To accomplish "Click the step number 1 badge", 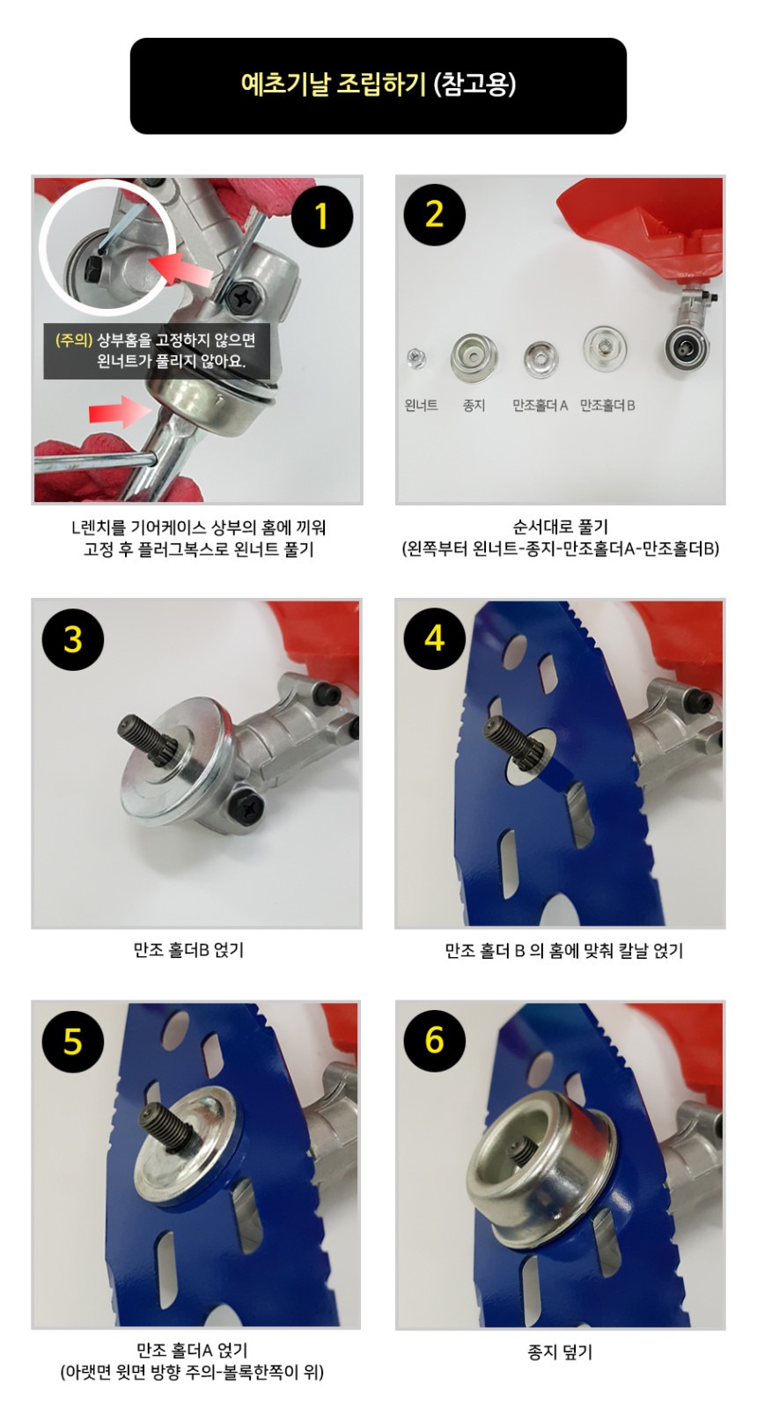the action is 321,217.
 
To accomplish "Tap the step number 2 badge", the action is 434,214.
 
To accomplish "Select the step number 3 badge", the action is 73,639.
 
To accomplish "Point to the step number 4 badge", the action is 435,638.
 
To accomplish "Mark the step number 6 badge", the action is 435,1040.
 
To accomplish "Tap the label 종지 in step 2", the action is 474,405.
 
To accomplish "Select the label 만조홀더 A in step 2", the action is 540,406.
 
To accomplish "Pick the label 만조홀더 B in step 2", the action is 606,406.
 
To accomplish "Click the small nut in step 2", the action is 415,358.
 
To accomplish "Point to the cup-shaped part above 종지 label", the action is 474,356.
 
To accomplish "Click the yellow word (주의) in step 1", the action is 74,340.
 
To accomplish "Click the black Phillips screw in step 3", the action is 245,807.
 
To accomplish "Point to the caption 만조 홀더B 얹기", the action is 189,950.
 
